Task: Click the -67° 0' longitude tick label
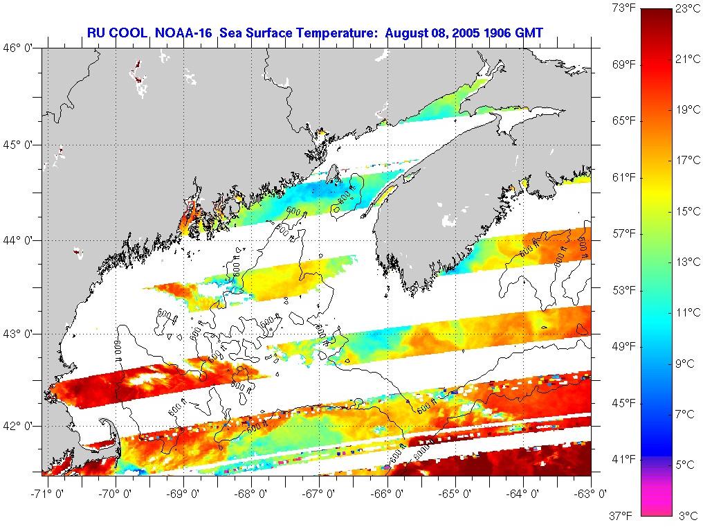[320, 493]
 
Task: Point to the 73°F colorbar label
[622, 9]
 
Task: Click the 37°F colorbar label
[622, 515]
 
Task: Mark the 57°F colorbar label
[622, 233]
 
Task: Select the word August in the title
[408, 33]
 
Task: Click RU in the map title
[95, 33]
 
